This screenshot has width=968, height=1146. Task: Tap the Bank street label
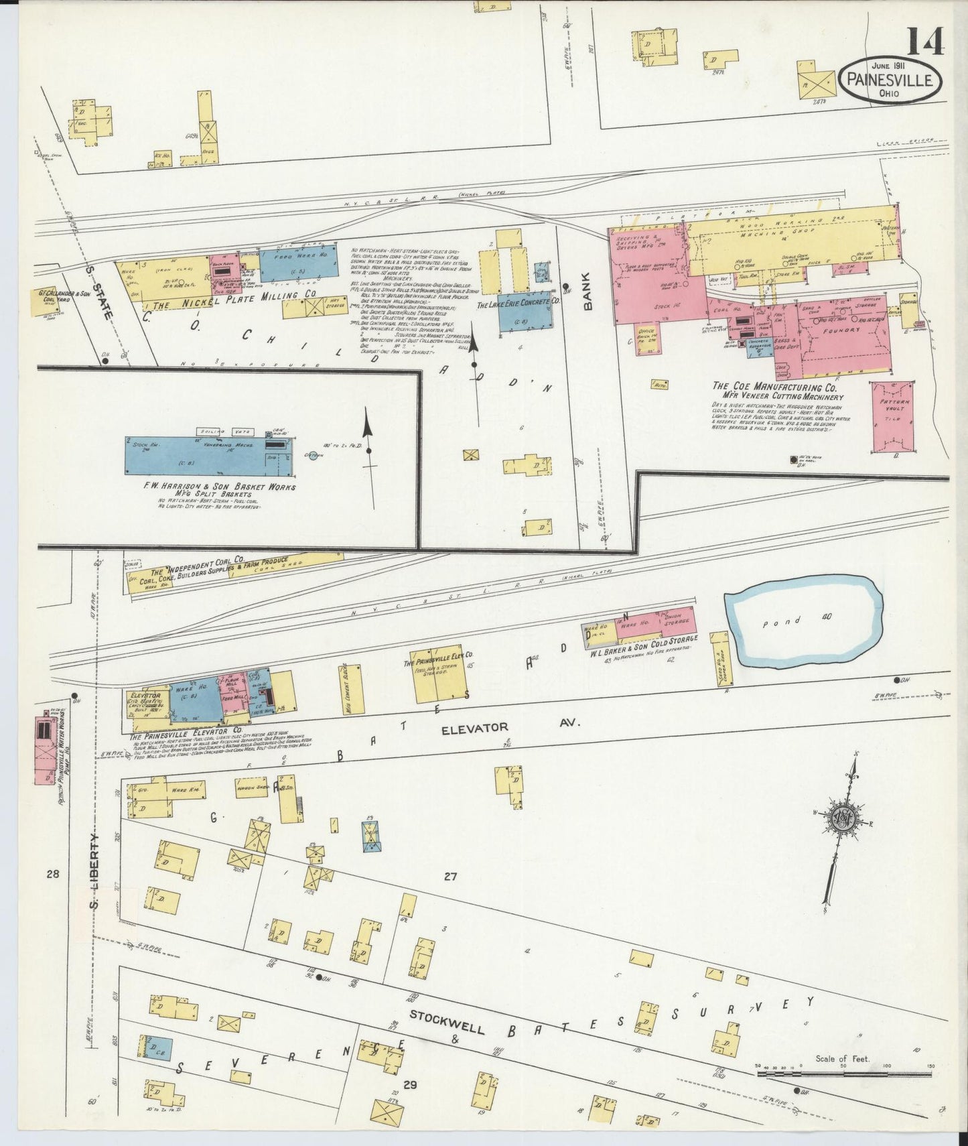coord(588,296)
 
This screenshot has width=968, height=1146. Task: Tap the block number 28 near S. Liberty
coord(54,874)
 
